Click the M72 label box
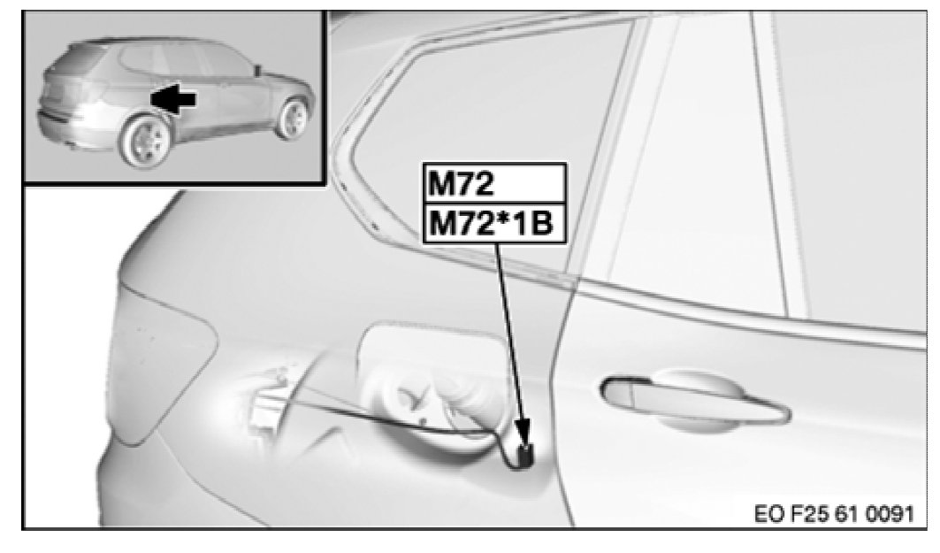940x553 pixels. coord(494,183)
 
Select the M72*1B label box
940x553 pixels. coord(494,224)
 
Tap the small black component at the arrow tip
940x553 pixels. coord(526,454)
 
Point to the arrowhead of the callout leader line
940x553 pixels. coord(523,432)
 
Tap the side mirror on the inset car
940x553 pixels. coord(258,70)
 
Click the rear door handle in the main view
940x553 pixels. coord(695,399)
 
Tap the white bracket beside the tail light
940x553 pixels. coord(264,408)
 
